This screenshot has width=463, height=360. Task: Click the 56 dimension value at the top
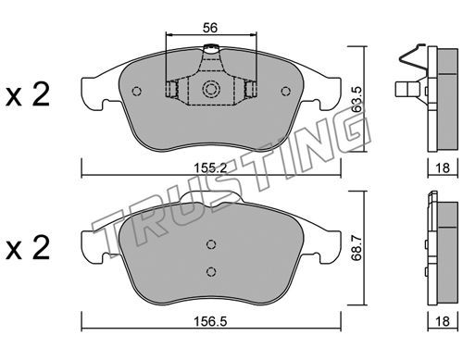coord(210,28)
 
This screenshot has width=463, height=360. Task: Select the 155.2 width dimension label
coord(210,168)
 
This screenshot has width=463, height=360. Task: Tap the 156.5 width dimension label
coord(210,321)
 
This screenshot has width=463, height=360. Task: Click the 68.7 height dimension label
coord(357,247)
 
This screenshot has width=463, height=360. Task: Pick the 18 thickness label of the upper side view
coord(443,168)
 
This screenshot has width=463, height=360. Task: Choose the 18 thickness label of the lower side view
coord(443,321)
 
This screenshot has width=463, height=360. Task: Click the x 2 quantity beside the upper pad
coord(28,94)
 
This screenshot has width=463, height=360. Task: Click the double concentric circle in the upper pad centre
coord(211,89)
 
